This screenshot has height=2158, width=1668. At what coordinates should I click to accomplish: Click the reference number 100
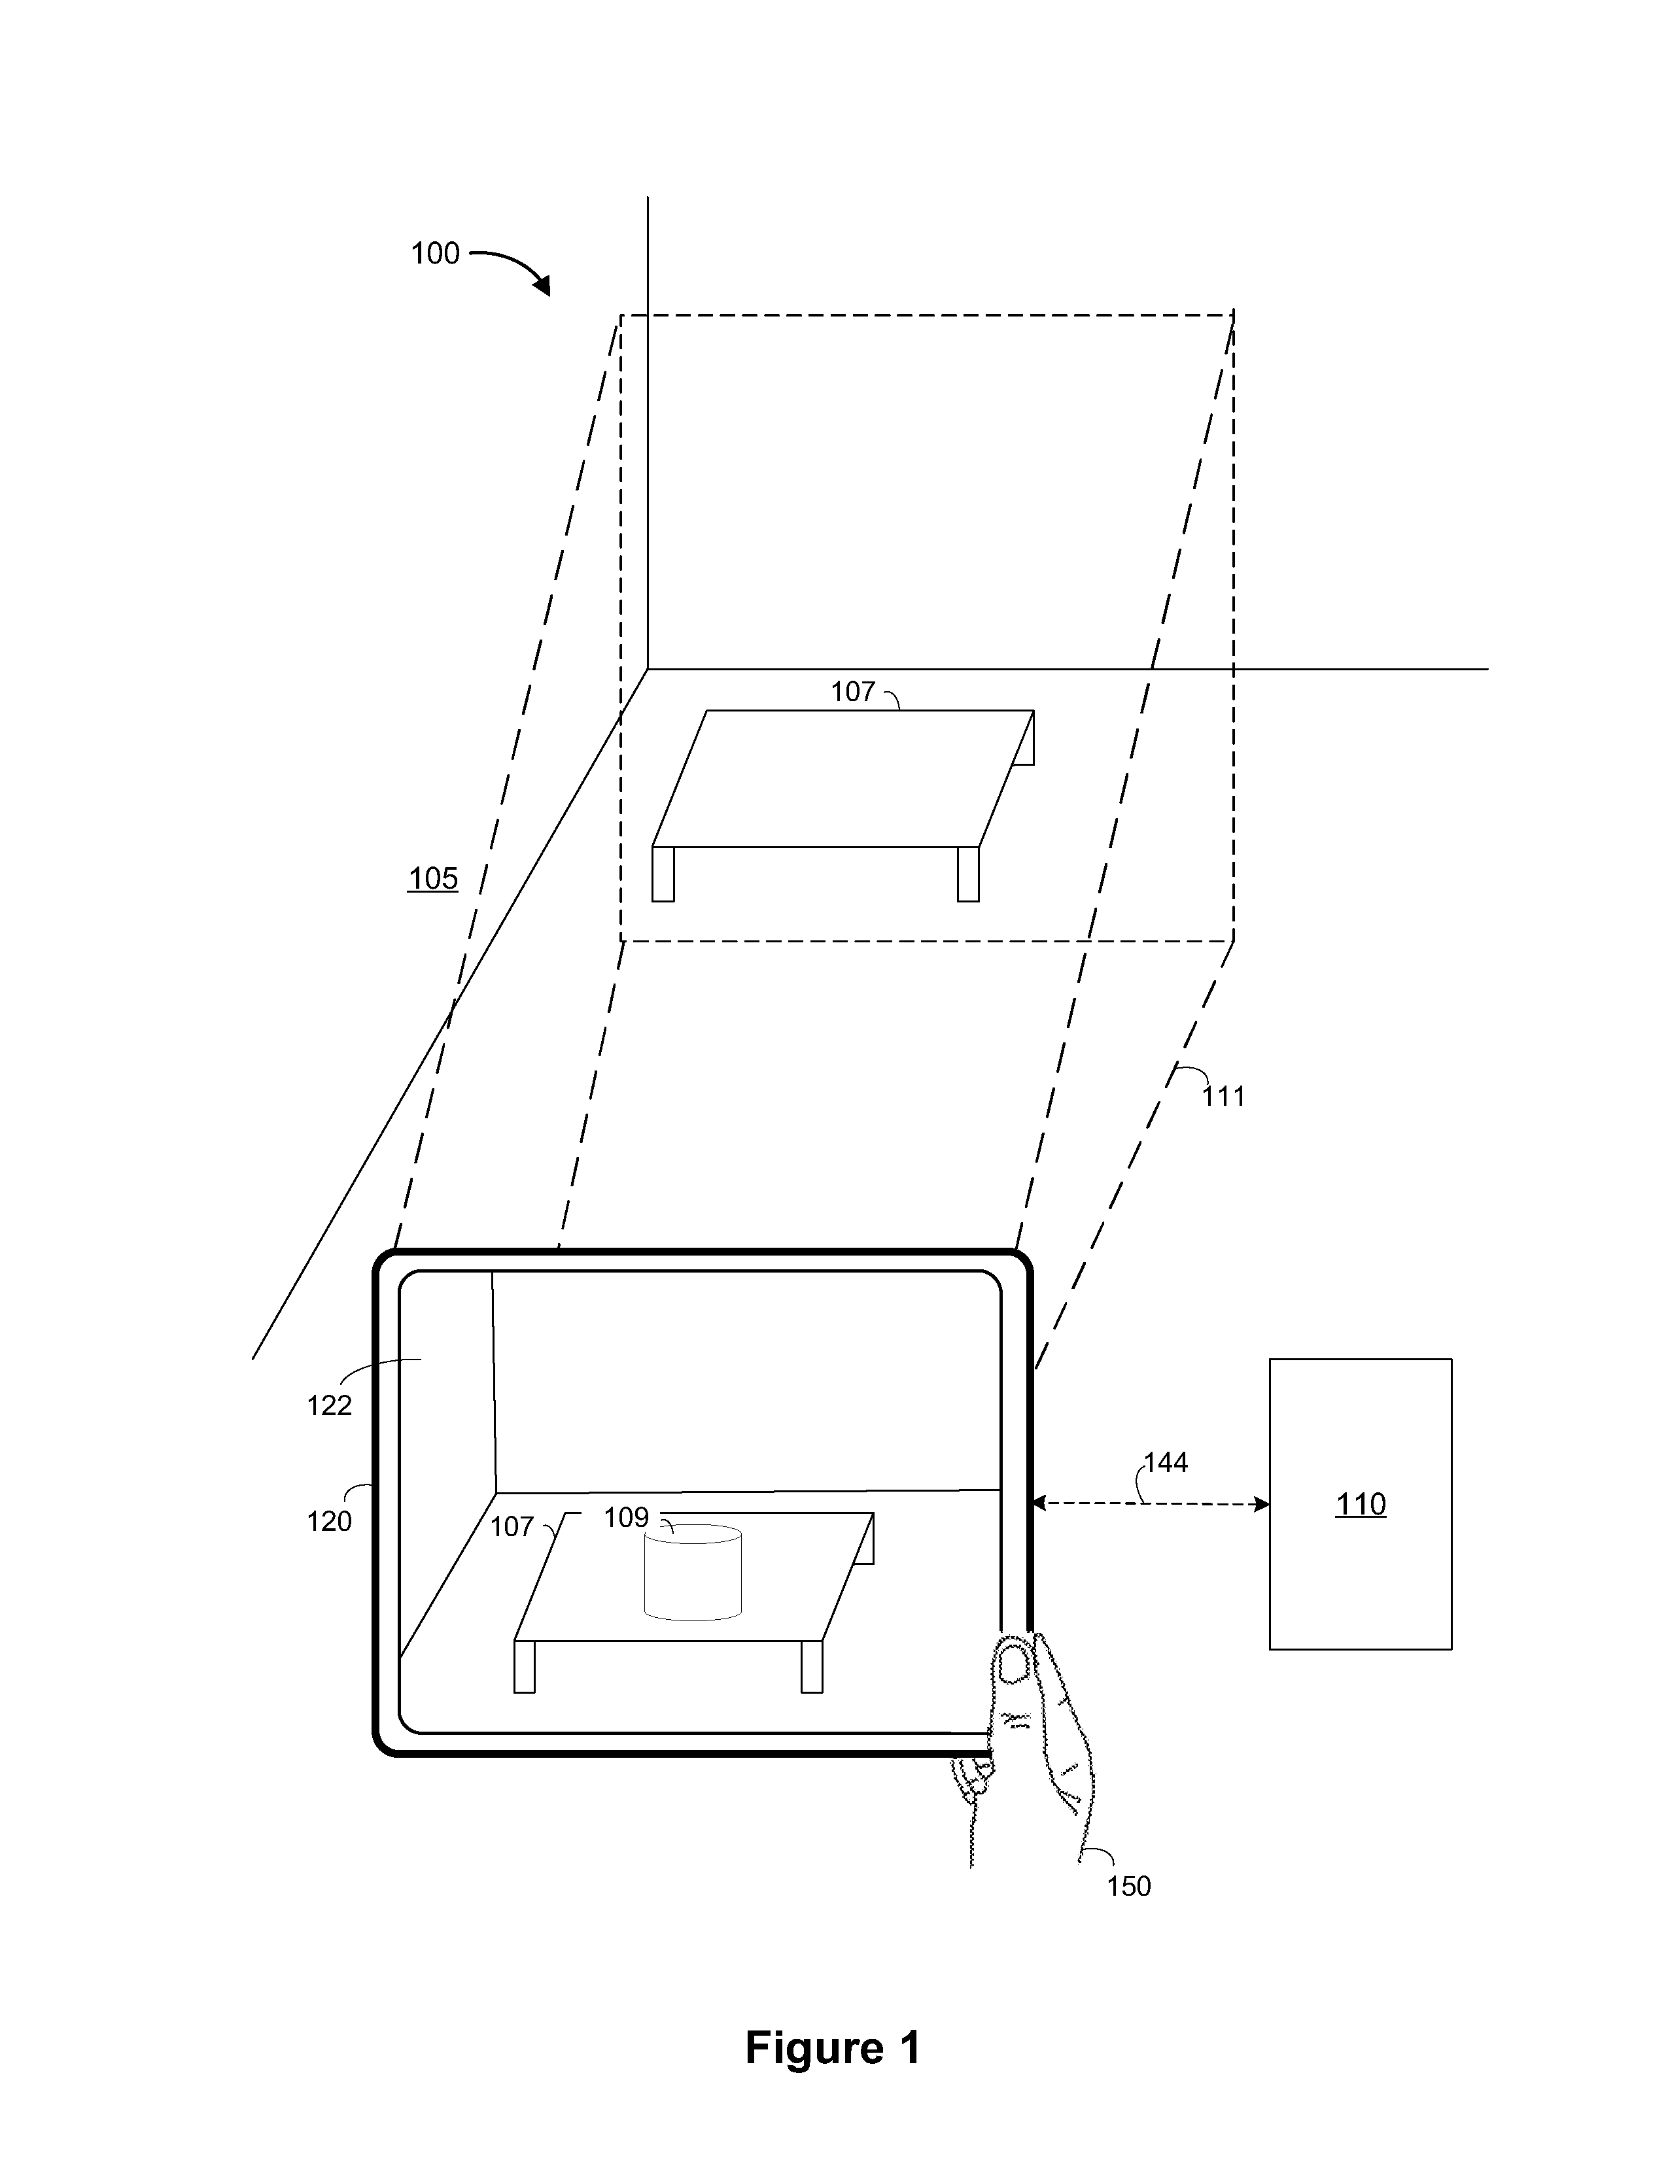pos(435,254)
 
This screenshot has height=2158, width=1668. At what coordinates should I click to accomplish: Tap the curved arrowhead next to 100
pos(542,286)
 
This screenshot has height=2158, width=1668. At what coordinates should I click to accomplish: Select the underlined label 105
pos(433,878)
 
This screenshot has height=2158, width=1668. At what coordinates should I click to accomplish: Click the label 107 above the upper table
pos(853,692)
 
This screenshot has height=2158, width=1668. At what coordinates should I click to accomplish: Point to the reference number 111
pos(1223,1096)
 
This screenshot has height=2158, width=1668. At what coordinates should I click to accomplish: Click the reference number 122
pos(329,1405)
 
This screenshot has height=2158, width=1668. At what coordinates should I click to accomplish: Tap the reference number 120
pos(329,1522)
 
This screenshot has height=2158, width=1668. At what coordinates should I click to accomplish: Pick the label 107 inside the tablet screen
pos(512,1528)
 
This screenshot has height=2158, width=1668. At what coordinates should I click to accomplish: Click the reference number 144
pos(1166,1462)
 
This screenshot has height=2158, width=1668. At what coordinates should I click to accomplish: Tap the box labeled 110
pos(1361,1504)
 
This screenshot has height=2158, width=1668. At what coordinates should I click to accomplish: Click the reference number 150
pos(1128,1886)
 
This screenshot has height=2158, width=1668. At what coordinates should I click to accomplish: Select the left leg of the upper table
pos(663,874)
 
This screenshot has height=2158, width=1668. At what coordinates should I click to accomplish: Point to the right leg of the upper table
pos(968,874)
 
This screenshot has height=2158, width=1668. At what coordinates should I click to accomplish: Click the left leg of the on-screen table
pos(525,1667)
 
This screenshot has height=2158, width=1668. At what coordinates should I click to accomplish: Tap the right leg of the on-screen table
pos(811,1667)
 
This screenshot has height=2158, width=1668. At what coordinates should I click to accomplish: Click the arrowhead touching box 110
pos(1261,1504)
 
